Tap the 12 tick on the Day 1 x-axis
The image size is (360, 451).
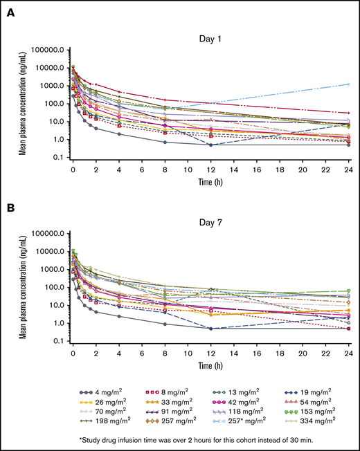coord(210,168)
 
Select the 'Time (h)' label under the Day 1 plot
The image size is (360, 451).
coord(210,181)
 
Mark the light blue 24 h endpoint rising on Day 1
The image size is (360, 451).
coord(348,84)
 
